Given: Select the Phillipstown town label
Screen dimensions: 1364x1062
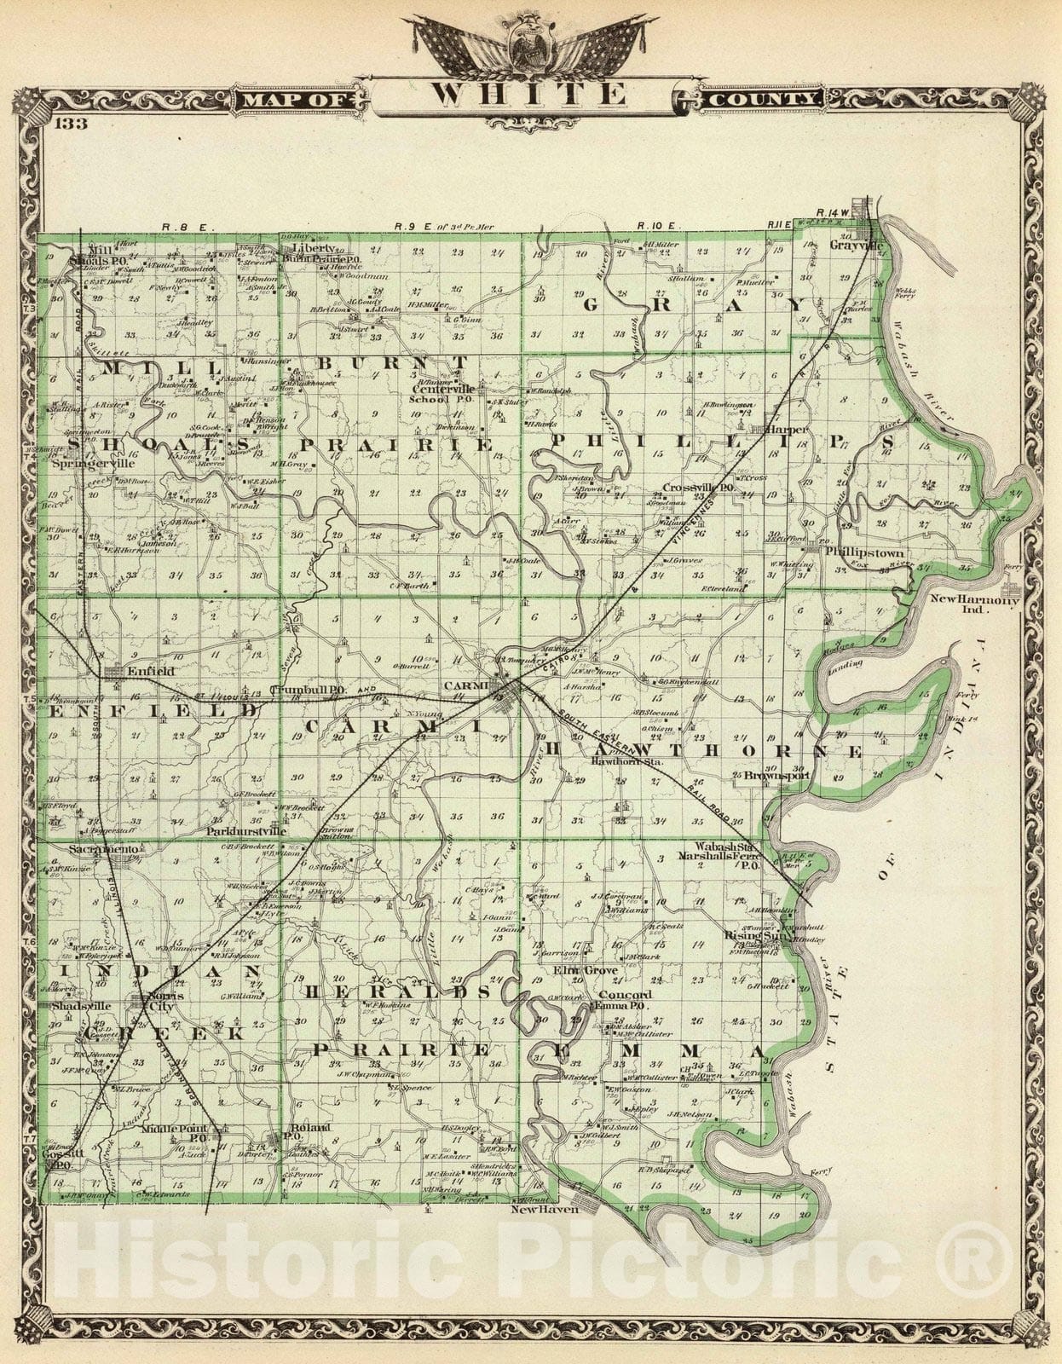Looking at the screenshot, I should (x=866, y=552).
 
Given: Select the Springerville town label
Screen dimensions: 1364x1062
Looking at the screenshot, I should (x=94, y=465).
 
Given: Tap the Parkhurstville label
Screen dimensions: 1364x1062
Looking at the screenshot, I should (x=245, y=829).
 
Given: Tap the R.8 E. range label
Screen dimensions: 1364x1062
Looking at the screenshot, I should (x=181, y=227).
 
